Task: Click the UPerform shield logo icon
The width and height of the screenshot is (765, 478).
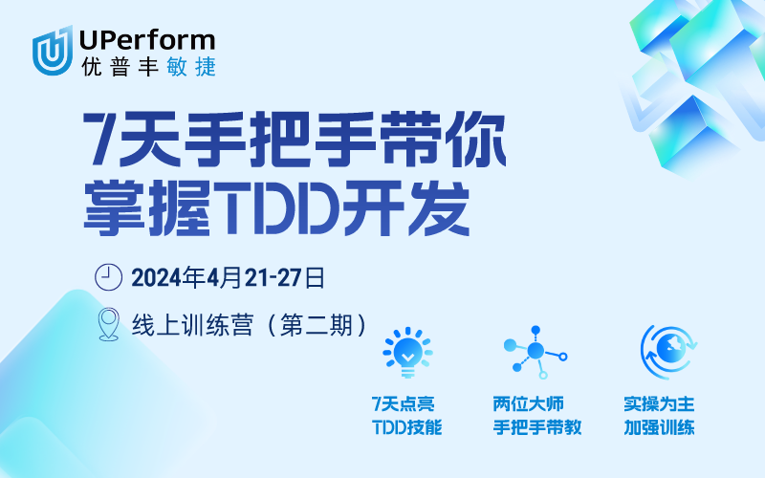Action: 54,50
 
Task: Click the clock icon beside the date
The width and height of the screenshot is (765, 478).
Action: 110,277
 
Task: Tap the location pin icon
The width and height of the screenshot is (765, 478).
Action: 109,324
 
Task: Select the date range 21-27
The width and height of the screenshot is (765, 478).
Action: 274,278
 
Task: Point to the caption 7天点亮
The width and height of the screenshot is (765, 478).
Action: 406,404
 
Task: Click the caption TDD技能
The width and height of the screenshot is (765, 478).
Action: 406,427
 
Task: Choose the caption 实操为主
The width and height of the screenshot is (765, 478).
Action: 658,404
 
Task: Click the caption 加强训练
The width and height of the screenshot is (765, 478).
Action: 658,427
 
